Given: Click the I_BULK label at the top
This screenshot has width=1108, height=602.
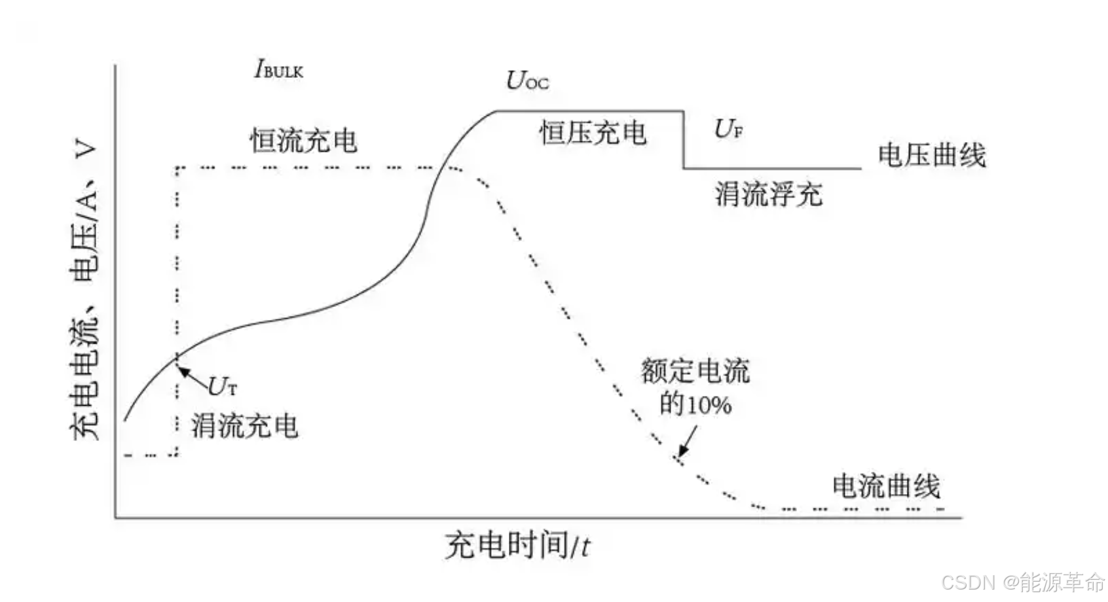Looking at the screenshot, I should pyautogui.click(x=278, y=69).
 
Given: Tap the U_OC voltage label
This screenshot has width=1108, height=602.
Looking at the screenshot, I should pyautogui.click(x=527, y=80).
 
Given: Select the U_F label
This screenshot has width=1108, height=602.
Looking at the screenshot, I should pyautogui.click(x=728, y=129).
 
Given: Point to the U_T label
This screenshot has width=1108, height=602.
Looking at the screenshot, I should pyautogui.click(x=222, y=387).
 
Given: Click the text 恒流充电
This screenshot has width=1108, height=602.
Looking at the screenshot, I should pyautogui.click(x=303, y=141).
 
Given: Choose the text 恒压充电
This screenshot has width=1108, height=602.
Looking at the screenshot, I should pyautogui.click(x=593, y=133).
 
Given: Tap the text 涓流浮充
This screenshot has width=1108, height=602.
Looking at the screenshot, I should pyautogui.click(x=768, y=194).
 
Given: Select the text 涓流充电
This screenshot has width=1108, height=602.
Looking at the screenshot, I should pyautogui.click(x=244, y=426).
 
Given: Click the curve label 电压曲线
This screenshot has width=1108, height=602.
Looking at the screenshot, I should pyautogui.click(x=931, y=156).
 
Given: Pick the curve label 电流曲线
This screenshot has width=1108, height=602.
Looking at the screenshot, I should pyautogui.click(x=886, y=486).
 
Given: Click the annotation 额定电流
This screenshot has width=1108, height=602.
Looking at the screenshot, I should pyautogui.click(x=695, y=371).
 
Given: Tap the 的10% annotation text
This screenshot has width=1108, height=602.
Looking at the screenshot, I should pyautogui.click(x=695, y=404).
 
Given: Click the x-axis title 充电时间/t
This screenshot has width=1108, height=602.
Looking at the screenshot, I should pyautogui.click(x=517, y=545).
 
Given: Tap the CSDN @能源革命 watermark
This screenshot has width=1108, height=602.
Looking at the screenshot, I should pyautogui.click(x=1022, y=582).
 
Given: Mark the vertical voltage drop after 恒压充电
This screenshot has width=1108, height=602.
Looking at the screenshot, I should pyautogui.click(x=684, y=140).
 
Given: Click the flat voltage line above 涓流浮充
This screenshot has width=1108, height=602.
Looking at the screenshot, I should pyautogui.click(x=773, y=169).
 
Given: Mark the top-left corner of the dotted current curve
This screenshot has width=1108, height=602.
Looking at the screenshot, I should pyautogui.click(x=177, y=169).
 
